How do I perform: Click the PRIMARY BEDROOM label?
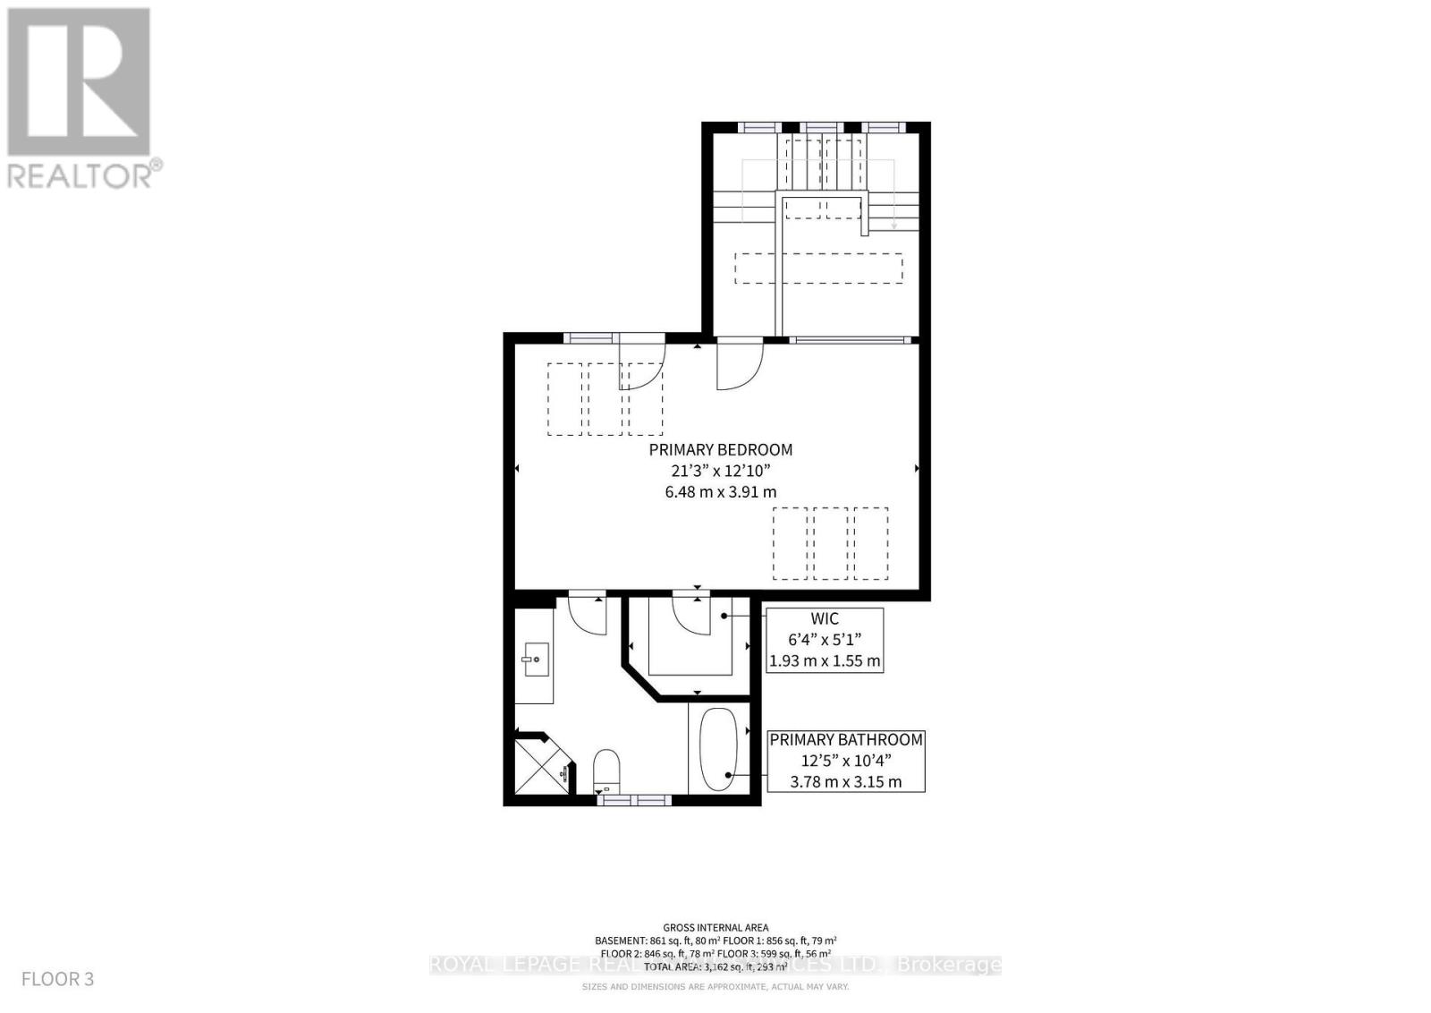coord(721,450)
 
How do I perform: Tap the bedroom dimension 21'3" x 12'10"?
coord(721,471)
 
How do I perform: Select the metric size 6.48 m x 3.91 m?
coord(721,491)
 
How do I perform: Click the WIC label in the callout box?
coord(825,619)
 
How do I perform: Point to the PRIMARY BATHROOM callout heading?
coord(846,740)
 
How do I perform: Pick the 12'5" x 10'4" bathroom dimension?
coord(846,761)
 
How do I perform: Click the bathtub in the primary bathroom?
coord(717,749)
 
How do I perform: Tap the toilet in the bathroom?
coord(606,769)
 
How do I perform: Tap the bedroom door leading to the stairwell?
coord(739,367)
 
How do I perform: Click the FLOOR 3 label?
coord(58,979)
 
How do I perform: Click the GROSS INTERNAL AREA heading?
coord(715,928)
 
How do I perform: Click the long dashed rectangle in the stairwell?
coord(818,268)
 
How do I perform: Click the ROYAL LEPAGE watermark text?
coord(715,965)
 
